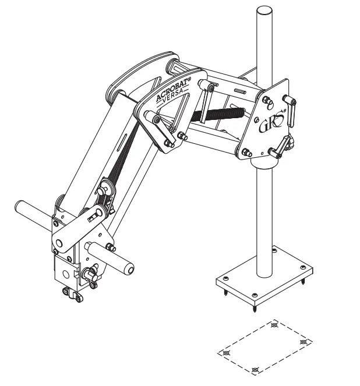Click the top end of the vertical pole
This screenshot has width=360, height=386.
coord(264,11)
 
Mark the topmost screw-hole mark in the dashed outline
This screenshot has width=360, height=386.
coord(275,325)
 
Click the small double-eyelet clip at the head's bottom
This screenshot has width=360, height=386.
coord(72,295)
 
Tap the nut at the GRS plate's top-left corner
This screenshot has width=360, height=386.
coord(265,100)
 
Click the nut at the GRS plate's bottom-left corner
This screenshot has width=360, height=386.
coord(245,153)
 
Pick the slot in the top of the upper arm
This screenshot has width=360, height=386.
coord(239,91)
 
